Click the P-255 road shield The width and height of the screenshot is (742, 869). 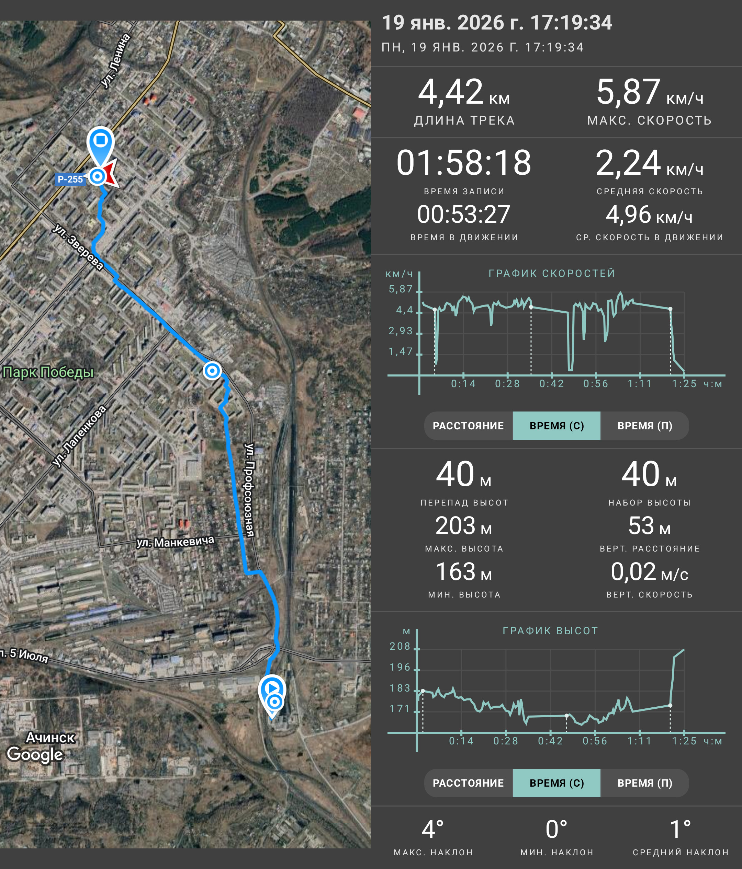point(70,179)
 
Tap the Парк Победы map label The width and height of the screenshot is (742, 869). point(48,372)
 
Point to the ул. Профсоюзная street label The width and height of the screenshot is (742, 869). point(249,490)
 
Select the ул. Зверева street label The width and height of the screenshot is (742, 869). point(78,247)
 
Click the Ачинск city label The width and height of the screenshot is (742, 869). point(50,737)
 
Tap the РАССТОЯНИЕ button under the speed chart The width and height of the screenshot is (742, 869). point(468,426)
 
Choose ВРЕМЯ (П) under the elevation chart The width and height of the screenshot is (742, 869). point(645,783)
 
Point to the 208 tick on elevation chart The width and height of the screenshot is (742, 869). point(400,646)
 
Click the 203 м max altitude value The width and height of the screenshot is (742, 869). point(464,525)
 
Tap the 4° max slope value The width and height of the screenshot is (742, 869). point(433,830)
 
